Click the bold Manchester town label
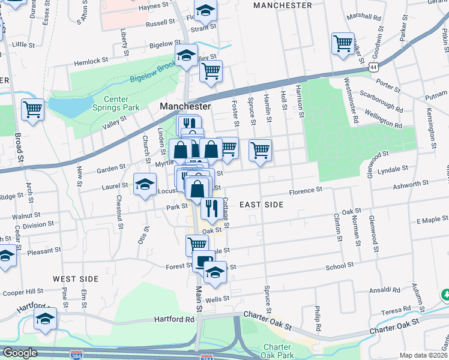[x=185, y=106]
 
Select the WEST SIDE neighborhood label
[x=75, y=279]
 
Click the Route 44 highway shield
[x=375, y=68]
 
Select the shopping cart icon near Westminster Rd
[x=343, y=43]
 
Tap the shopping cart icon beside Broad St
[x=32, y=110]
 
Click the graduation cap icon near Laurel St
[x=145, y=184]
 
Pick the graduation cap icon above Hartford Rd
[x=45, y=319]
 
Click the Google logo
[x=20, y=353]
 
